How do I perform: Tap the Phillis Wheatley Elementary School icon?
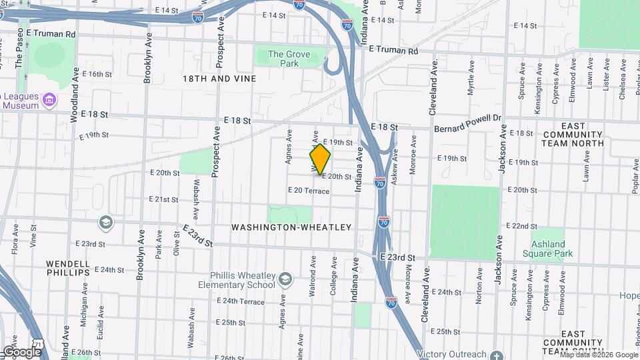pyautogui.click(x=286, y=279)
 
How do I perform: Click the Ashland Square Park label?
pyautogui.click(x=552, y=249)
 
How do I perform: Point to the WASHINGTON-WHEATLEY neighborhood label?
pyautogui.click(x=291, y=227)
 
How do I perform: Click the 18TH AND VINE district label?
pyautogui.click(x=219, y=79)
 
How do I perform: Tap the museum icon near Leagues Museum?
pyautogui.click(x=48, y=101)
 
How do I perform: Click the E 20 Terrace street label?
pyautogui.click(x=309, y=191)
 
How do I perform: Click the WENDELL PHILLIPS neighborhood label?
pyautogui.click(x=68, y=268)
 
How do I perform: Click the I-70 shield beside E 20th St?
pyautogui.click(x=379, y=182)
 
